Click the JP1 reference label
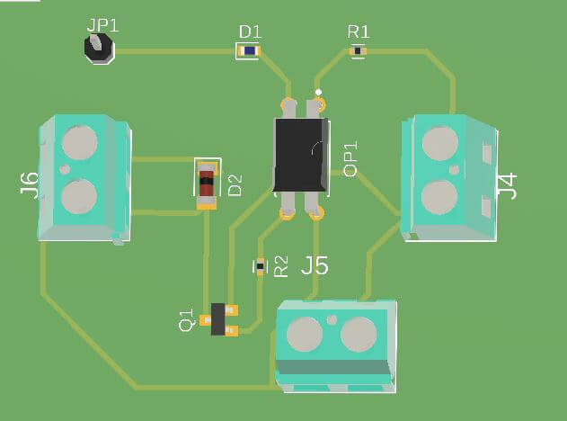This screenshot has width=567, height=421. [102, 24]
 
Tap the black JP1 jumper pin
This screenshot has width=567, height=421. [100, 49]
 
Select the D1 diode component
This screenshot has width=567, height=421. [249, 52]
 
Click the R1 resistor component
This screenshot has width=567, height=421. [358, 52]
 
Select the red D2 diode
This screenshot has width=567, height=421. [208, 184]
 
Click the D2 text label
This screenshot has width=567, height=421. [235, 185]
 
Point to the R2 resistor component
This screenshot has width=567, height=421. [261, 266]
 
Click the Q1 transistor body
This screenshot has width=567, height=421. [218, 319]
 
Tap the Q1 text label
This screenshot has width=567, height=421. [186, 319]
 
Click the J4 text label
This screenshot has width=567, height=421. [508, 186]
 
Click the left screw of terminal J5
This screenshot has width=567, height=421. [305, 334]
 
